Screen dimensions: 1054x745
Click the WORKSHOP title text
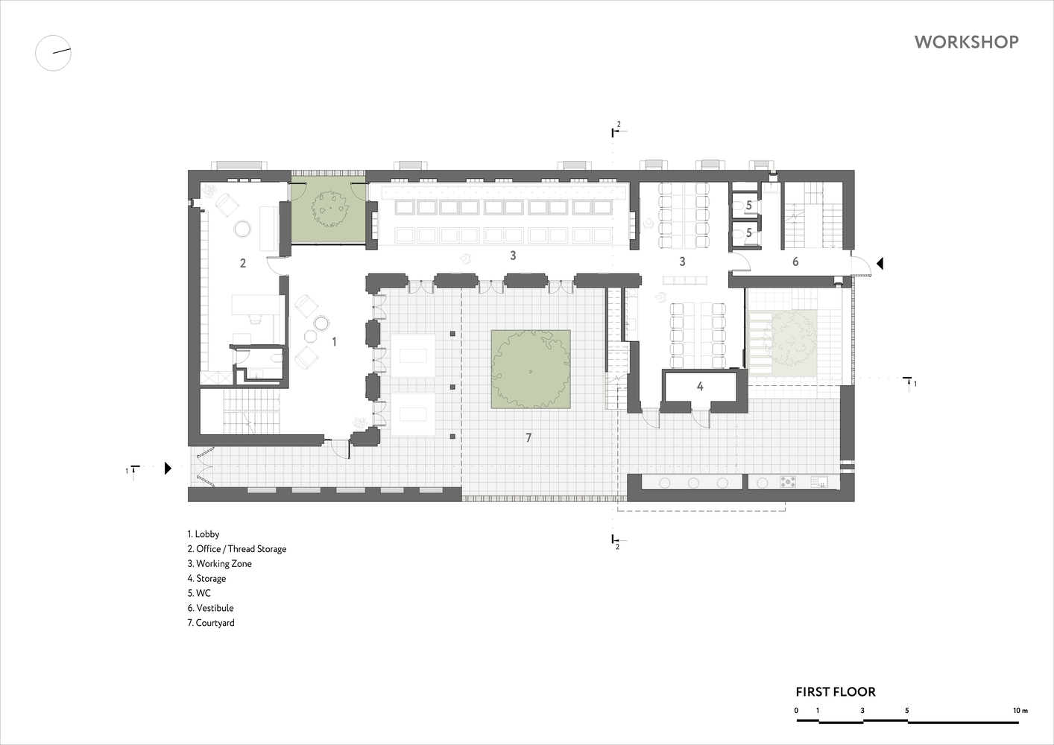pyautogui.click(x=967, y=42)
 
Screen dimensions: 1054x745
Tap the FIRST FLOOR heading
pyautogui.click(x=836, y=692)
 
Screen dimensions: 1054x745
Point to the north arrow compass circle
pyautogui.click(x=53, y=53)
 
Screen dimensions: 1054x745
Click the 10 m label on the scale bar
pyautogui.click(x=1020, y=711)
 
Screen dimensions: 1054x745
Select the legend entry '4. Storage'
pyautogui.click(x=206, y=579)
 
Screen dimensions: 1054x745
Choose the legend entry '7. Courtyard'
pyautogui.click(x=211, y=623)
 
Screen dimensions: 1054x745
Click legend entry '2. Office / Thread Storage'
pyautogui.click(x=237, y=549)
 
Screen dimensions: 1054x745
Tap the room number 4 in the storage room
pyautogui.click(x=700, y=386)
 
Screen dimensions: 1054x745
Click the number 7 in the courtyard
pyautogui.click(x=528, y=438)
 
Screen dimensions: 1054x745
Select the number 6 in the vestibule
pyautogui.click(x=795, y=261)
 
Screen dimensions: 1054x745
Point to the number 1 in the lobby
pyautogui.click(x=334, y=341)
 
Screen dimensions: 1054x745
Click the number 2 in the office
pyautogui.click(x=243, y=264)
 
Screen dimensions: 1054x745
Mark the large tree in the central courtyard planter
pyautogui.click(x=530, y=370)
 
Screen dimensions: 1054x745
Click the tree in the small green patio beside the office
pyautogui.click(x=330, y=209)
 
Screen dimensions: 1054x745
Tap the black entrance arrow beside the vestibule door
pyautogui.click(x=880, y=264)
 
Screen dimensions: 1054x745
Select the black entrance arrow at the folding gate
pyautogui.click(x=168, y=468)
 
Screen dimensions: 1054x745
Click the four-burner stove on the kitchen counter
pyautogui.click(x=788, y=482)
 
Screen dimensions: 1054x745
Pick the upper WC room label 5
pyautogui.click(x=749, y=205)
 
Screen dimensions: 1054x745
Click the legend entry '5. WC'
pyautogui.click(x=199, y=593)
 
